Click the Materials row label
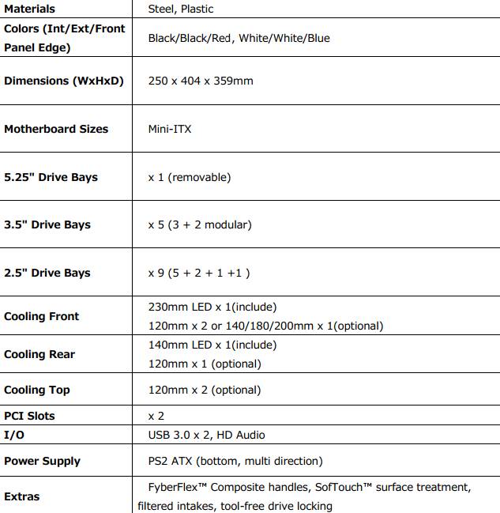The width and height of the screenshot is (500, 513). tap(29, 9)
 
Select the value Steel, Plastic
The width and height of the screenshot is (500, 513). tap(181, 9)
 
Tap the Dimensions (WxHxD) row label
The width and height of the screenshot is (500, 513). tap(64, 81)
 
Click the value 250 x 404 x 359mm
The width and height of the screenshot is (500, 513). tap(201, 81)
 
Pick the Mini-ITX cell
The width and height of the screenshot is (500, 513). tap(170, 129)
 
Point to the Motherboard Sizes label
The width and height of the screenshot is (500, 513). tap(56, 129)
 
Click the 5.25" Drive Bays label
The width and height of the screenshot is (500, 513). tap(51, 177)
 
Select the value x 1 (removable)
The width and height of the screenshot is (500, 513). tap(190, 177)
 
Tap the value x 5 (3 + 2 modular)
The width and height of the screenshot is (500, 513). tap(200, 224)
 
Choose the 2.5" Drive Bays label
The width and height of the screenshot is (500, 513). tap(47, 273)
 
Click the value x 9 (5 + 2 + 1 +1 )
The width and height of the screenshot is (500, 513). tap(199, 273)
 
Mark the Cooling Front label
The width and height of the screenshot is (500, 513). tap(41, 316)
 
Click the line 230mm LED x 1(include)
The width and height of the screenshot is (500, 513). tap(212, 307)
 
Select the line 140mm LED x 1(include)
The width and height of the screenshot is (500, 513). tap(212, 345)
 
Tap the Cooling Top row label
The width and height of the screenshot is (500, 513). tap(36, 390)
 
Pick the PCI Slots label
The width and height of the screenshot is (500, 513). tap(29, 416)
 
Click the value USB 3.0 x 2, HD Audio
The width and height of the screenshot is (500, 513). tap(207, 435)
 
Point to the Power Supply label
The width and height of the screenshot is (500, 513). tap(42, 461)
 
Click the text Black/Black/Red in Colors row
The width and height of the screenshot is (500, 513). tap(187, 38)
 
